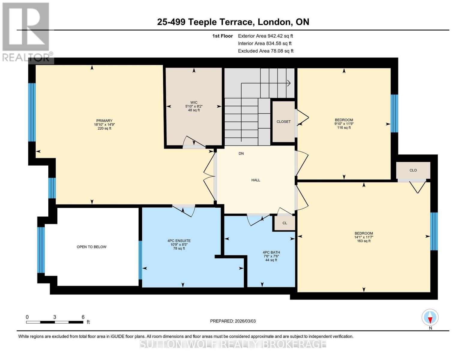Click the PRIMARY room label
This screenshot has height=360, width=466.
[104, 121]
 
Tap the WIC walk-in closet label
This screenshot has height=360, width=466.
[194, 103]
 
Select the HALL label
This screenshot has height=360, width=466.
[256, 180]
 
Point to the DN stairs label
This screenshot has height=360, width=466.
[241, 154]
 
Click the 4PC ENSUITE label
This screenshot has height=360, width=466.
[179, 241]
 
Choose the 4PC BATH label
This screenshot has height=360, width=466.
[271, 252]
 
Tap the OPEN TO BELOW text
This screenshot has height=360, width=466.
[92, 247]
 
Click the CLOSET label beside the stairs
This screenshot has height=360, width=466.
[284, 121]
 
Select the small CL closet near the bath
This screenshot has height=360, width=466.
[285, 223]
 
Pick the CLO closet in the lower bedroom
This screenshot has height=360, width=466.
[413, 170]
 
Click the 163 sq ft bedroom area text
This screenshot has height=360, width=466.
[364, 241]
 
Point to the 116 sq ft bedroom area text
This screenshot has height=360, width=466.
[344, 127]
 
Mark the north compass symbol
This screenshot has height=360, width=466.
[430, 317]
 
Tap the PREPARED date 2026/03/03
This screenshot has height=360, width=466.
[233, 321]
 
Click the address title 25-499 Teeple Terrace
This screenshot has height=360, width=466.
[233, 22]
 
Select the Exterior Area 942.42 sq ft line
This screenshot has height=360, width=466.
[265, 36]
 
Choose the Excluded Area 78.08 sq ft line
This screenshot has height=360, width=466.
[266, 51]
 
